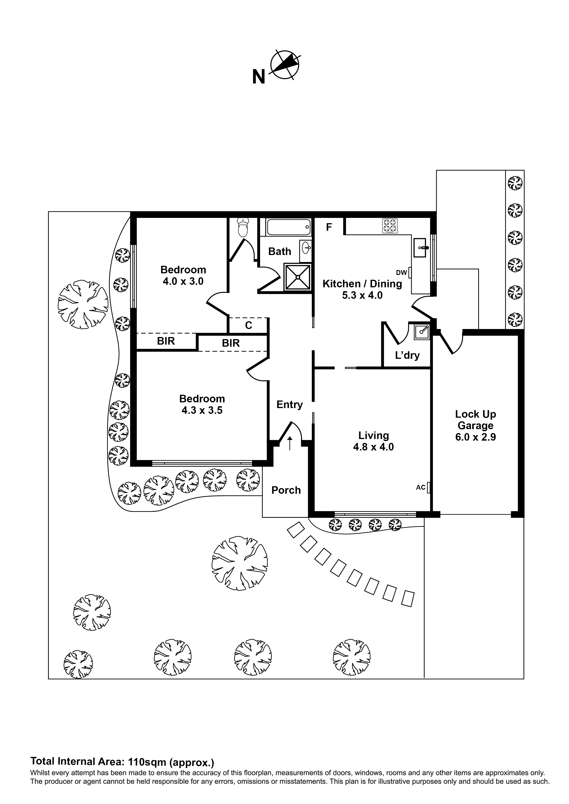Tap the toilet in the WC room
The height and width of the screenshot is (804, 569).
[x=243, y=228]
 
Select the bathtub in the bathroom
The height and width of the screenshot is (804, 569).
[x=288, y=227]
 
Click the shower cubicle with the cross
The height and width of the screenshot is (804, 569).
[x=298, y=277]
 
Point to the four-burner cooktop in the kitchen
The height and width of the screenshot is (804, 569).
[x=390, y=226]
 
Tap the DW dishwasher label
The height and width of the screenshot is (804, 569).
[x=401, y=272]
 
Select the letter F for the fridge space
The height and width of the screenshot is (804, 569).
[x=329, y=227]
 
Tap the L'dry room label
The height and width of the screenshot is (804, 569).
[x=407, y=355]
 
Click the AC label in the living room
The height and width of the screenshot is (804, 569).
[x=420, y=487]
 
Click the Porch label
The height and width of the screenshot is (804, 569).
[x=286, y=490]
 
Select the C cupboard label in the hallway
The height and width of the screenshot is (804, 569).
[x=249, y=326]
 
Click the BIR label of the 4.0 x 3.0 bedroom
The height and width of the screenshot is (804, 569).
[x=166, y=341]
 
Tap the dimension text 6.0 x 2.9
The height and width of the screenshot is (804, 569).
[x=475, y=437]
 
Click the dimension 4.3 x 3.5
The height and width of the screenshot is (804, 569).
[x=202, y=410]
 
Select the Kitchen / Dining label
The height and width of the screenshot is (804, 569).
[x=362, y=284]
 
